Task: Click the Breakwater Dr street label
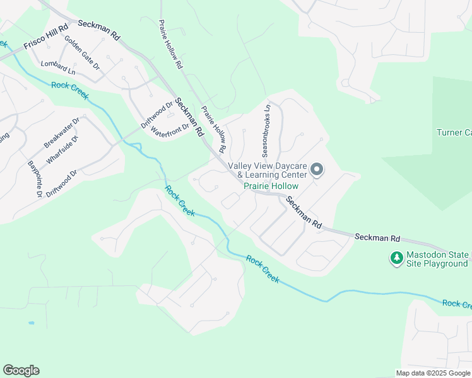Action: [x=62, y=133]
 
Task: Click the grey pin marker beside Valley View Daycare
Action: [x=317, y=170]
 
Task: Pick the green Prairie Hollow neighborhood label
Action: [x=271, y=186]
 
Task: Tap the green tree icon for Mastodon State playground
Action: [x=396, y=258]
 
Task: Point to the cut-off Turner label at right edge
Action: [x=454, y=132]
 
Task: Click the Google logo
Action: [x=21, y=370]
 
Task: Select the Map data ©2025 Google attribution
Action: [x=432, y=373]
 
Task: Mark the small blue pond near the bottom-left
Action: [x=32, y=323]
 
